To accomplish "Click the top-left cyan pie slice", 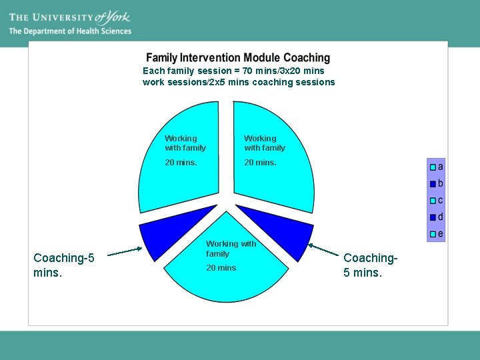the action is point(180,180).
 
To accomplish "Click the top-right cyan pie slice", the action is point(273,180).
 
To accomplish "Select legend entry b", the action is point(437,183).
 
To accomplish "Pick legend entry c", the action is point(437,200).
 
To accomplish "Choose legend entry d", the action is point(437,217).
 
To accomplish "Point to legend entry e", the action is point(437,234).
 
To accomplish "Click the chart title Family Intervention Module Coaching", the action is point(238,58).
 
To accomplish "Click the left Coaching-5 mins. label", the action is point(64,265).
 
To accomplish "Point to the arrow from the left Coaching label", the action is point(125,251).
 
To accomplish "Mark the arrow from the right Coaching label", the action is point(324,251).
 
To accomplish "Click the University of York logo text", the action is point(69,17).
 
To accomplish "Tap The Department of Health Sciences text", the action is point(70,31).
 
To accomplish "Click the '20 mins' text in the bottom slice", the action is point(221,268).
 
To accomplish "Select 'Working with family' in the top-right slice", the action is point(265,143).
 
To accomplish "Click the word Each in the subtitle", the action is point(153,71).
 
